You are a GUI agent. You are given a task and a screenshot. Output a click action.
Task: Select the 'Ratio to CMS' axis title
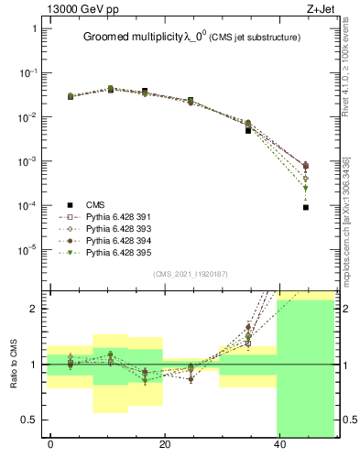[x=14, y=362]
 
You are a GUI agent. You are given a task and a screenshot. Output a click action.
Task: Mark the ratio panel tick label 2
[x=34, y=309]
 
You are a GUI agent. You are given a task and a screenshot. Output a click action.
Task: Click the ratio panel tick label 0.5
[x=30, y=420]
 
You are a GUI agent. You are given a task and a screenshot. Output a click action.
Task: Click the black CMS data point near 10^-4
[x=306, y=207]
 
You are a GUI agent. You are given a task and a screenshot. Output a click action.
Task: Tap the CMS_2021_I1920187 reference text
[x=191, y=273]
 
